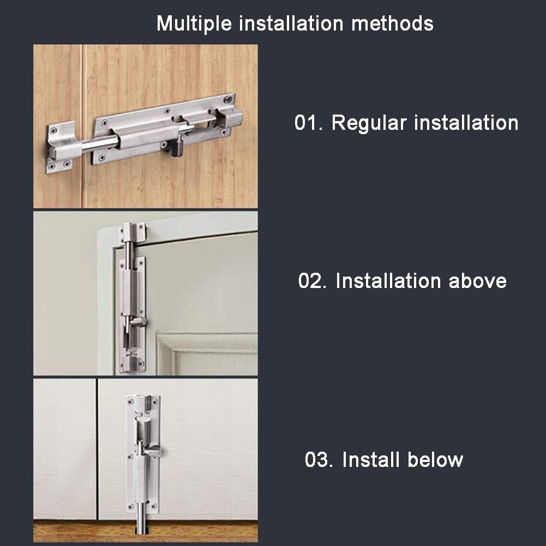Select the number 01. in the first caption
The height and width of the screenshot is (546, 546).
(x=310, y=123)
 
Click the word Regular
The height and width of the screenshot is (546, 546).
(x=369, y=123)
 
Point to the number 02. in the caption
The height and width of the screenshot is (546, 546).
(x=314, y=281)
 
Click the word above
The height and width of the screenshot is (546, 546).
(x=477, y=281)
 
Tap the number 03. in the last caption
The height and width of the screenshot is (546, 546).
(x=320, y=459)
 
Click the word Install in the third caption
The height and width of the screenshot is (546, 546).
(x=370, y=459)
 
